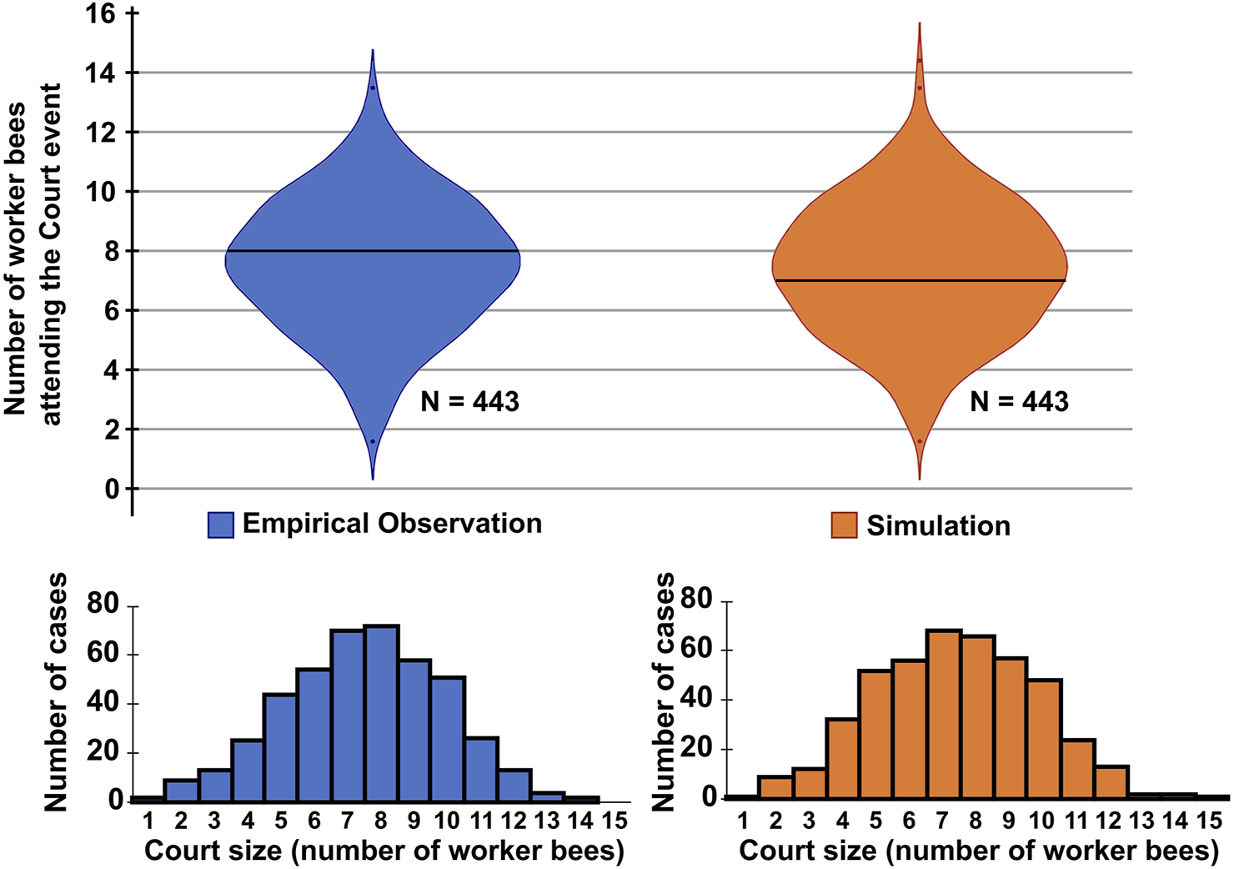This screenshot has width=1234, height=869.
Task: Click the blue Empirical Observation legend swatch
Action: click(221, 525)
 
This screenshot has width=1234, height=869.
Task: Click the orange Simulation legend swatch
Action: click(844, 525)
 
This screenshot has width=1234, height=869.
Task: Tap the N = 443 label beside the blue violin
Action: click(469, 402)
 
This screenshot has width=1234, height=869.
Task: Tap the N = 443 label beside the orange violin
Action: click(1019, 402)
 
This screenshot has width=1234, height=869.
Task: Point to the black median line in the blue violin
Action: click(373, 251)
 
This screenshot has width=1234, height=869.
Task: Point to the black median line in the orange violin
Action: click(920, 280)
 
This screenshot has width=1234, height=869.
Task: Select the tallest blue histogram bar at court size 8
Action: click(381, 712)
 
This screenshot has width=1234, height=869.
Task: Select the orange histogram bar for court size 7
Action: click(943, 714)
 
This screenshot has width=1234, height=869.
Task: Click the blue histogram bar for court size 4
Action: click(248, 769)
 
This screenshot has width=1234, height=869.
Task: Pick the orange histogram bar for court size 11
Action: click(1078, 768)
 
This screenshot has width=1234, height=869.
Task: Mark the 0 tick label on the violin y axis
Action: click(110, 490)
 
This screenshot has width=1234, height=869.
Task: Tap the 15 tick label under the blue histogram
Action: click(614, 821)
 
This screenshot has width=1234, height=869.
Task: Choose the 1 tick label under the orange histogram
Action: click(742, 821)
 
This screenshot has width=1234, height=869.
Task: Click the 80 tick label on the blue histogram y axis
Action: click(103, 604)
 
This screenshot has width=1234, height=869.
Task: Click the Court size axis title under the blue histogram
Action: click(384, 851)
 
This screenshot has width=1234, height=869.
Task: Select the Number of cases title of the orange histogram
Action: click(664, 692)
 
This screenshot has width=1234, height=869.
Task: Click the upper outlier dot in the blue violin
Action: click(373, 88)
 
